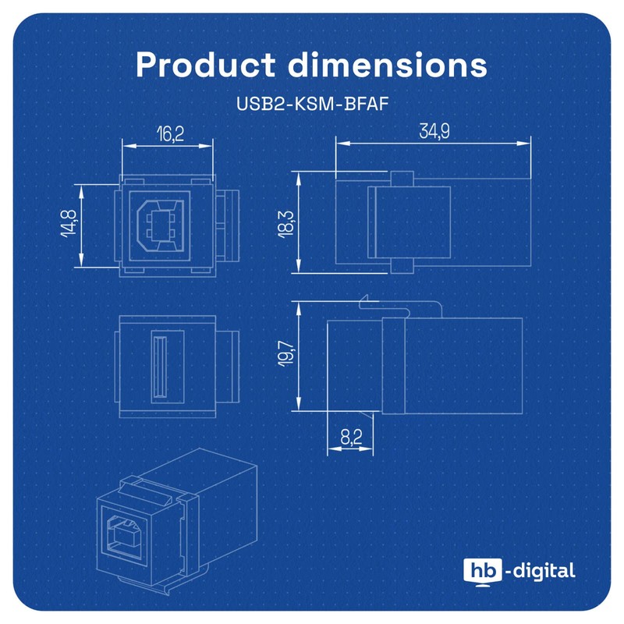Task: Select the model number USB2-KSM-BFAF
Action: click(312, 103)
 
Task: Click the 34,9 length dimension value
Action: click(434, 131)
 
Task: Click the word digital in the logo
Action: click(544, 570)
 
